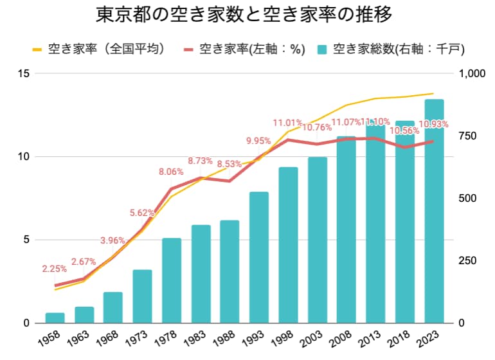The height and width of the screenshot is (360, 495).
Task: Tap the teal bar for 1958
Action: [55, 318]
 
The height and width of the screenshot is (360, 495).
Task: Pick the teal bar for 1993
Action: [259, 257]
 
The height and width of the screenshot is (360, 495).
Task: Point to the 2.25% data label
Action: [55, 269]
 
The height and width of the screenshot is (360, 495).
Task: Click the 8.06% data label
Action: [171, 172]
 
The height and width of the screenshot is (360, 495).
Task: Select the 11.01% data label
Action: [287, 122]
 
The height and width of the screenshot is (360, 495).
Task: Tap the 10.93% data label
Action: [433, 123]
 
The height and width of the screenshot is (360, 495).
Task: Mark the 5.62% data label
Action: [142, 213]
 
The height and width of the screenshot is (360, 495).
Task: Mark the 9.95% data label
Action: [258, 141]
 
